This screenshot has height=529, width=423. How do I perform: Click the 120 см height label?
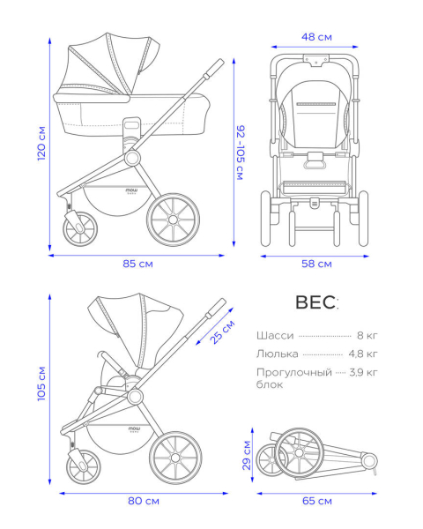click(41, 144)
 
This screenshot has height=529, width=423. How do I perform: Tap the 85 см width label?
click(138, 264)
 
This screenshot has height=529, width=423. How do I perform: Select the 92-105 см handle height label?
click(240, 153)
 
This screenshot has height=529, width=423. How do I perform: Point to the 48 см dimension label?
click(316, 37)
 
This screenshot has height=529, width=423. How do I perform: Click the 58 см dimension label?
click(316, 264)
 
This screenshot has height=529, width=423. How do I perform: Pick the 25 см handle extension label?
click(223, 332)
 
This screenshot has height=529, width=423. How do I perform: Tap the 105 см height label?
click(41, 384)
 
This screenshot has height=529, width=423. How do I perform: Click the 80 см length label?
click(144, 501)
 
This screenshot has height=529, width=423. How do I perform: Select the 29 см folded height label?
click(247, 455)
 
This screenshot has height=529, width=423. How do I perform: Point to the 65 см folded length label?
click(317, 501)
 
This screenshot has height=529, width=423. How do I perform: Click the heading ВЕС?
click(316, 302)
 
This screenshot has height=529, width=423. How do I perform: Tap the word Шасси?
click(275, 336)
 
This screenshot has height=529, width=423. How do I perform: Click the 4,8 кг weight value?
click(363, 354)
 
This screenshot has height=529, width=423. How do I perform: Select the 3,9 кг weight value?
click(363, 372)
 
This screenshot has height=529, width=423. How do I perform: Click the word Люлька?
click(278, 354)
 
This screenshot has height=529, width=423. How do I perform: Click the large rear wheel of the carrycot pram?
click(173, 220)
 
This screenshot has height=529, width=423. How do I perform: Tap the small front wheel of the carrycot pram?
click(80, 228)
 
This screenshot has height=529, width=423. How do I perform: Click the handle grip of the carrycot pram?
click(213, 69)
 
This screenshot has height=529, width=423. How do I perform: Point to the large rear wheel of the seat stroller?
click(175, 458)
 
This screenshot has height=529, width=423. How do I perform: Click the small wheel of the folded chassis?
click(270, 459)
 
